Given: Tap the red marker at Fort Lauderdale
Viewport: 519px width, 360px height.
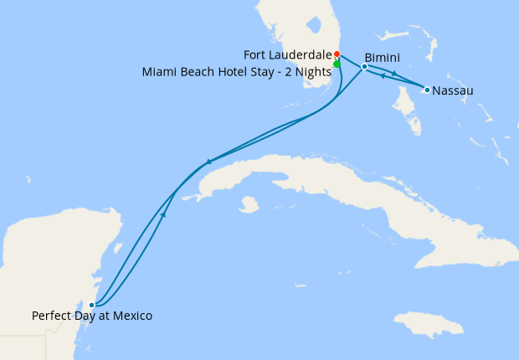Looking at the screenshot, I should [337, 54].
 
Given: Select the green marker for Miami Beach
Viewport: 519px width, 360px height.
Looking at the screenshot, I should [337, 64].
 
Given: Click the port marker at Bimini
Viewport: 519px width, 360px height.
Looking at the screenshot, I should [364, 66].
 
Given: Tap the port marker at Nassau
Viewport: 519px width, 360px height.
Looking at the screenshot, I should [427, 90].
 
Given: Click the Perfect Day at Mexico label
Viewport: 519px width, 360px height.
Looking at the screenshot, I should [92, 316].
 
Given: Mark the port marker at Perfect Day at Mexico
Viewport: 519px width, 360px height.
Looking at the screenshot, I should [92, 305].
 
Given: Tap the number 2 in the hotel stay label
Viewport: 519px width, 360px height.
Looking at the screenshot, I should [284, 71].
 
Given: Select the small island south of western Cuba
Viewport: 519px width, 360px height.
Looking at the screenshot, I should [248, 203].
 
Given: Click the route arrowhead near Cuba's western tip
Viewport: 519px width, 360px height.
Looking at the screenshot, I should [208, 162].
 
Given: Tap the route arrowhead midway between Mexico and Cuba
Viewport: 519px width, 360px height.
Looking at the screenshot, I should [163, 215].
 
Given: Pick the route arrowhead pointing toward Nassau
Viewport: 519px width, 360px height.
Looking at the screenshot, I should [393, 75].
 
